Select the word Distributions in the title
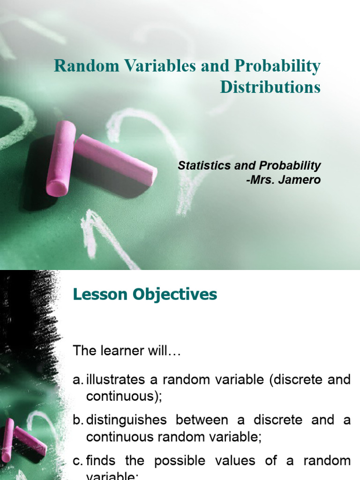tap(270, 87)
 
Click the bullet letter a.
tap(77, 380)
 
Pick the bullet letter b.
tap(77, 420)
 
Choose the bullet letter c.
tap(77, 460)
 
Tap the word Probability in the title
tap(280, 67)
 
